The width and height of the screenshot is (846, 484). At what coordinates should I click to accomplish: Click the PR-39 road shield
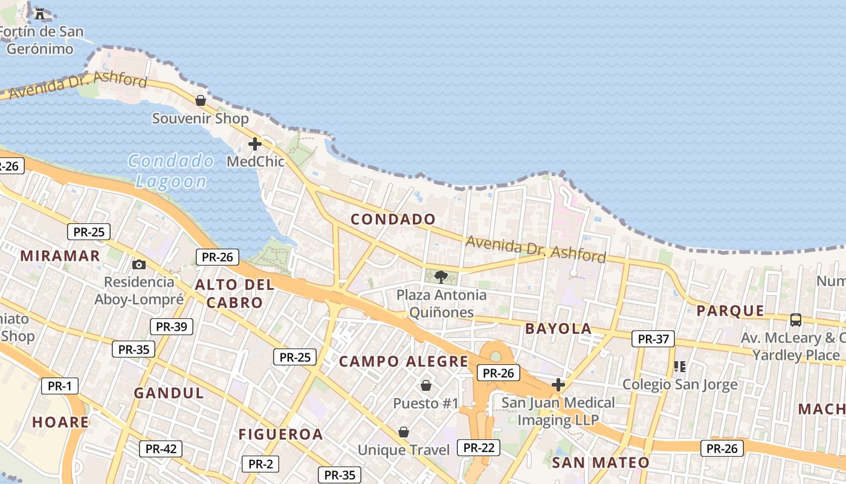172,327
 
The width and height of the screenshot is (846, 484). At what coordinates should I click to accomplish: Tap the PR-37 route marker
653,339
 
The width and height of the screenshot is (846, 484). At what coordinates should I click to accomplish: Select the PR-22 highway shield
479,448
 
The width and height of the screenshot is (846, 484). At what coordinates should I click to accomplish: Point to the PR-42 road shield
161,449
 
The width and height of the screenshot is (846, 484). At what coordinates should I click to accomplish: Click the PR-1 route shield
60,386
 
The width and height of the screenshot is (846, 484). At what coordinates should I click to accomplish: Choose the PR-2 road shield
260,464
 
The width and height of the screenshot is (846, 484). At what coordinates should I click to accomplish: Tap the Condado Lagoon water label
171,171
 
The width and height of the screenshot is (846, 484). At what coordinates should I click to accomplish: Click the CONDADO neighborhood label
393,219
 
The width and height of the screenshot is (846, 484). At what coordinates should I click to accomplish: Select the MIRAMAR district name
60,255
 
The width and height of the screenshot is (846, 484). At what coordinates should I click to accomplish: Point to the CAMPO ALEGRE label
404,362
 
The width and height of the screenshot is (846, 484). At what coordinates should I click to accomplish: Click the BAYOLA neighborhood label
558,329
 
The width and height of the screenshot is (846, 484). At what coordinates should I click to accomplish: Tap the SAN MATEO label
601,463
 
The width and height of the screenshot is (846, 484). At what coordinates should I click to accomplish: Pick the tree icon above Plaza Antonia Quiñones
441,277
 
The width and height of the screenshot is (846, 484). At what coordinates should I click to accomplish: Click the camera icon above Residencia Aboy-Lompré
139,264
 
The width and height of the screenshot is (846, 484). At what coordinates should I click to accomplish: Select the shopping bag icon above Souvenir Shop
201,100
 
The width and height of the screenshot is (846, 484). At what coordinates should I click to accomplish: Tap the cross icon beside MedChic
255,144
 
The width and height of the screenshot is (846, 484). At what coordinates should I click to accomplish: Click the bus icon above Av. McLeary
796,320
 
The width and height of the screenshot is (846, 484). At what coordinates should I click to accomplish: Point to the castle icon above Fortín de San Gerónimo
40,13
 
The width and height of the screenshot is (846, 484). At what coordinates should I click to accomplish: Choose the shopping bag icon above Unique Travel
404,432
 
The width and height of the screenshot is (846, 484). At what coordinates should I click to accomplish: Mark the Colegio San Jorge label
680,384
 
